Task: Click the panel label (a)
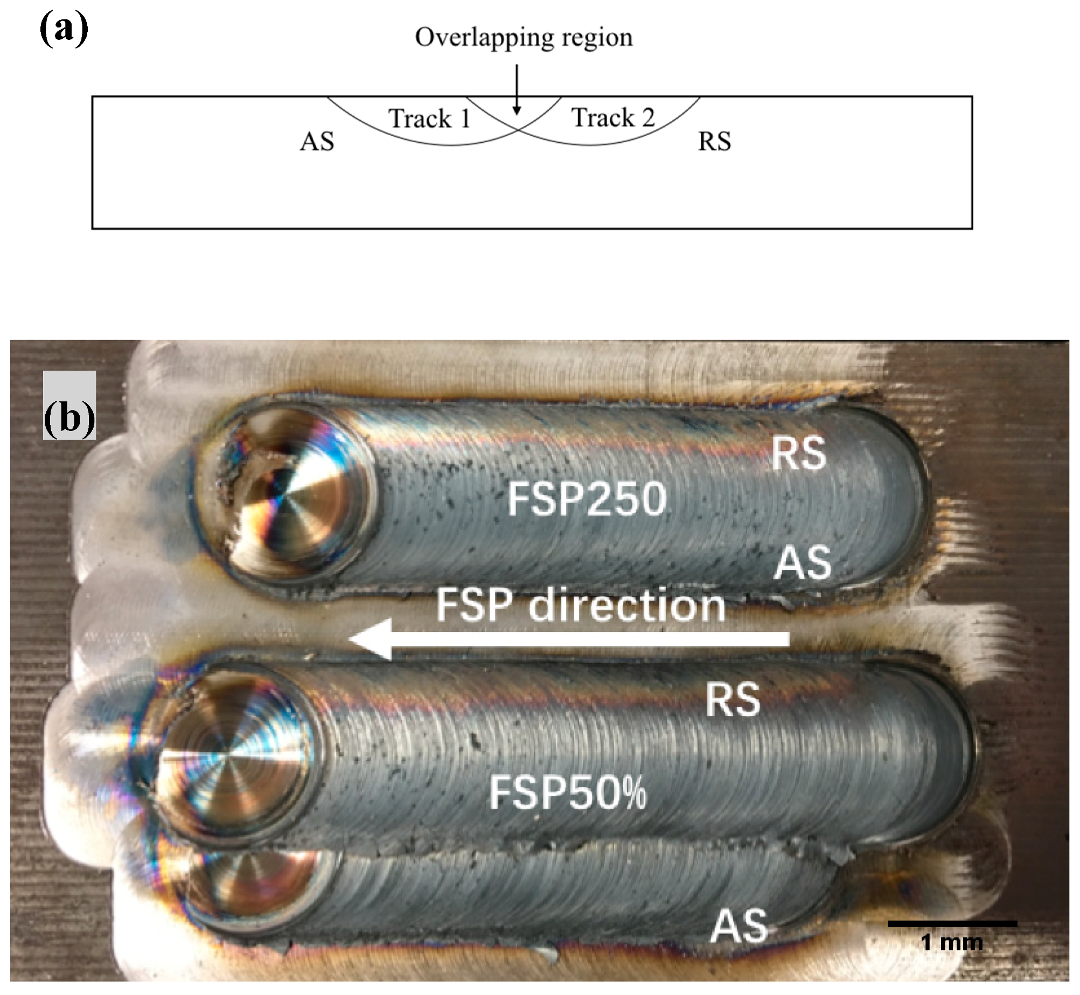click(64, 31)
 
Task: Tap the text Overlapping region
click(524, 38)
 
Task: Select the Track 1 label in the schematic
click(429, 119)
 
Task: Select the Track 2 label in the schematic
click(612, 117)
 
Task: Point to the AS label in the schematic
click(317, 142)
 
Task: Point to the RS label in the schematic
click(714, 142)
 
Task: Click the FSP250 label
click(587, 499)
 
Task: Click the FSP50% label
click(567, 794)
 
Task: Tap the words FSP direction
click(580, 606)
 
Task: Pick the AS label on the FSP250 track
click(803, 562)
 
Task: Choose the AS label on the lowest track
click(739, 926)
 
